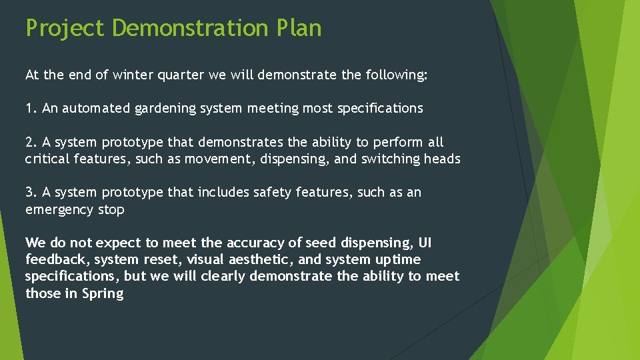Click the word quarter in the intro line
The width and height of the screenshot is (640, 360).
point(181,75)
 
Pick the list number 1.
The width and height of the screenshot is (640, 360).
point(29,108)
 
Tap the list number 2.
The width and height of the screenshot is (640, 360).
point(29,142)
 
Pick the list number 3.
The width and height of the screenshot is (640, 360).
point(29,192)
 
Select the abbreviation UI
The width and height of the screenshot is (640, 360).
point(425,243)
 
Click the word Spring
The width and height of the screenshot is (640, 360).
point(103,293)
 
